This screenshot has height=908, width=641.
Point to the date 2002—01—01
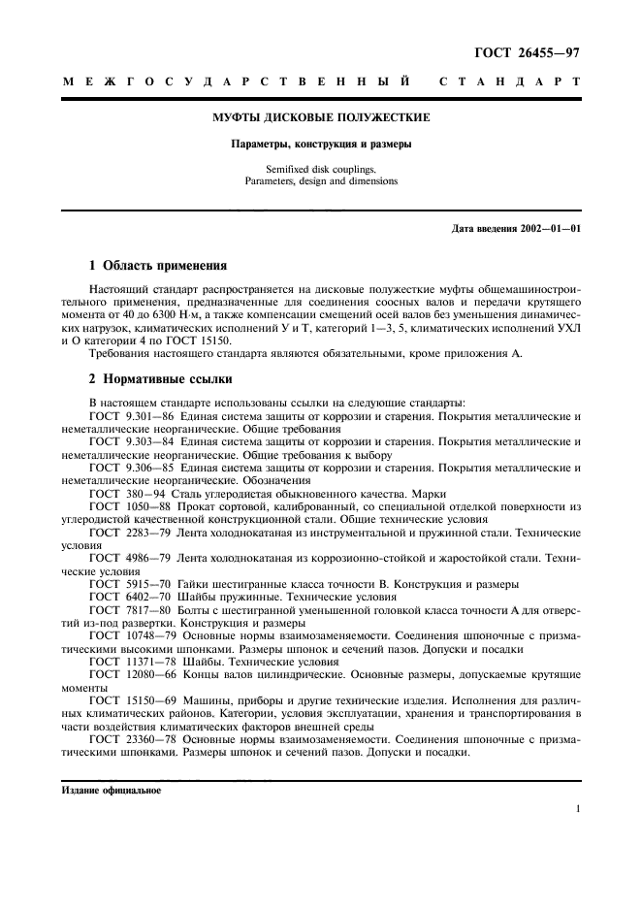click(x=545, y=229)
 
